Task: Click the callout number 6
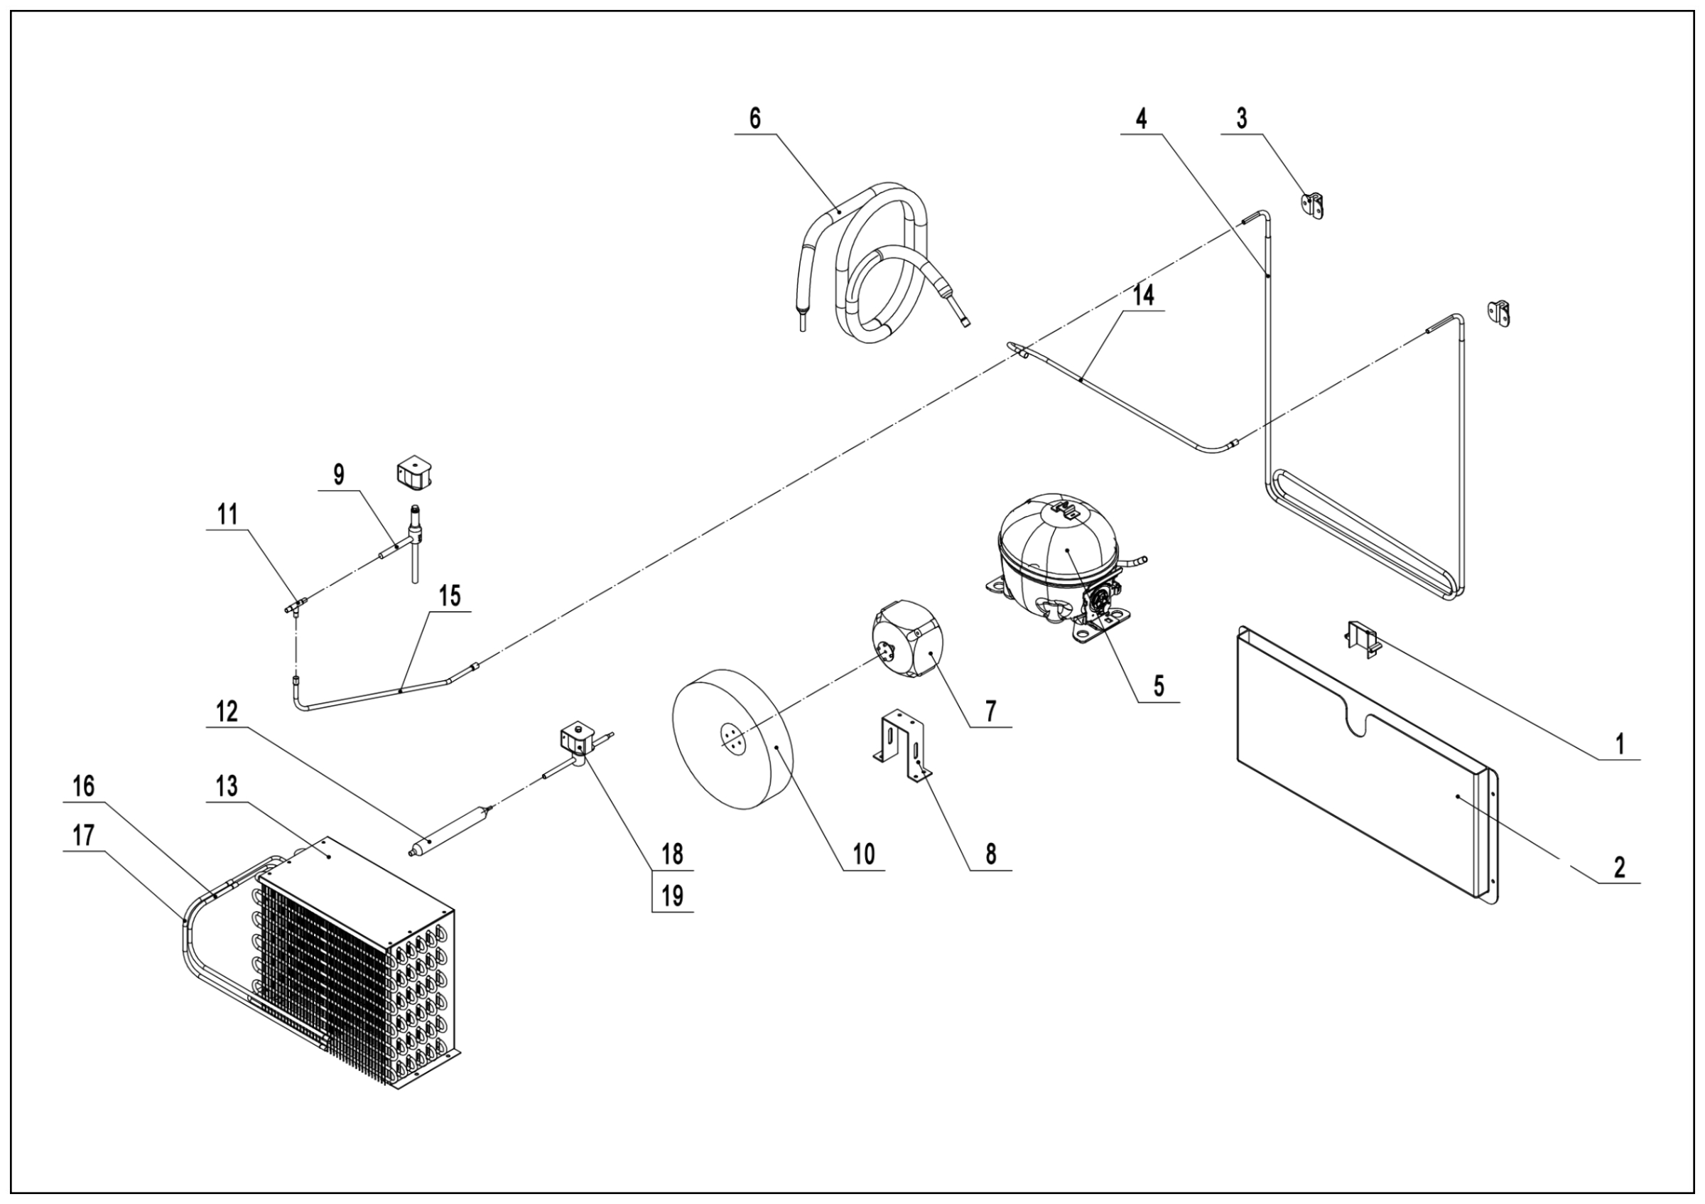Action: tap(755, 118)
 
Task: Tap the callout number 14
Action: tap(1144, 295)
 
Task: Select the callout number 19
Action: tap(672, 896)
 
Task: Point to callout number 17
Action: tap(84, 836)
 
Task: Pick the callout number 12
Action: tap(227, 712)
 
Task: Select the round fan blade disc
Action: tap(732, 750)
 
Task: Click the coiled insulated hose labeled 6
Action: tap(884, 267)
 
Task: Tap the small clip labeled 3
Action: tap(1314, 204)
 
